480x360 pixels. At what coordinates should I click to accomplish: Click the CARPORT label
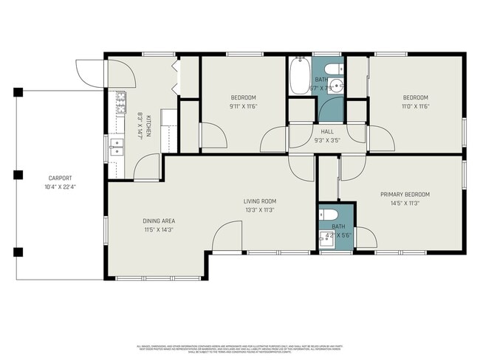(x=61, y=179)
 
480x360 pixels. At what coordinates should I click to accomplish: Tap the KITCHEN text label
(x=148, y=125)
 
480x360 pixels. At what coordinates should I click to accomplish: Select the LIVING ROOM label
(x=260, y=201)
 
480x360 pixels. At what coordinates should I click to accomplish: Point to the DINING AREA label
(x=159, y=221)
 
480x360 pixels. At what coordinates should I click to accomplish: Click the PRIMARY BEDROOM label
(x=405, y=195)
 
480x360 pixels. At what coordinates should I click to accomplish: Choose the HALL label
(x=327, y=131)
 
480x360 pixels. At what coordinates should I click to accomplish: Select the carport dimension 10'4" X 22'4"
(x=61, y=187)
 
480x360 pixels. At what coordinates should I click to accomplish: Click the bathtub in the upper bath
(x=300, y=77)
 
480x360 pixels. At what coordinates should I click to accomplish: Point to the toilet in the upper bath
(x=335, y=69)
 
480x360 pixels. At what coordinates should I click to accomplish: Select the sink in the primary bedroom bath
(x=326, y=238)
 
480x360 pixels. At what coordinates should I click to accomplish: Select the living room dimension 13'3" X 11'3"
(x=260, y=210)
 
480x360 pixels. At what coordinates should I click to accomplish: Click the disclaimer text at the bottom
(x=241, y=348)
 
